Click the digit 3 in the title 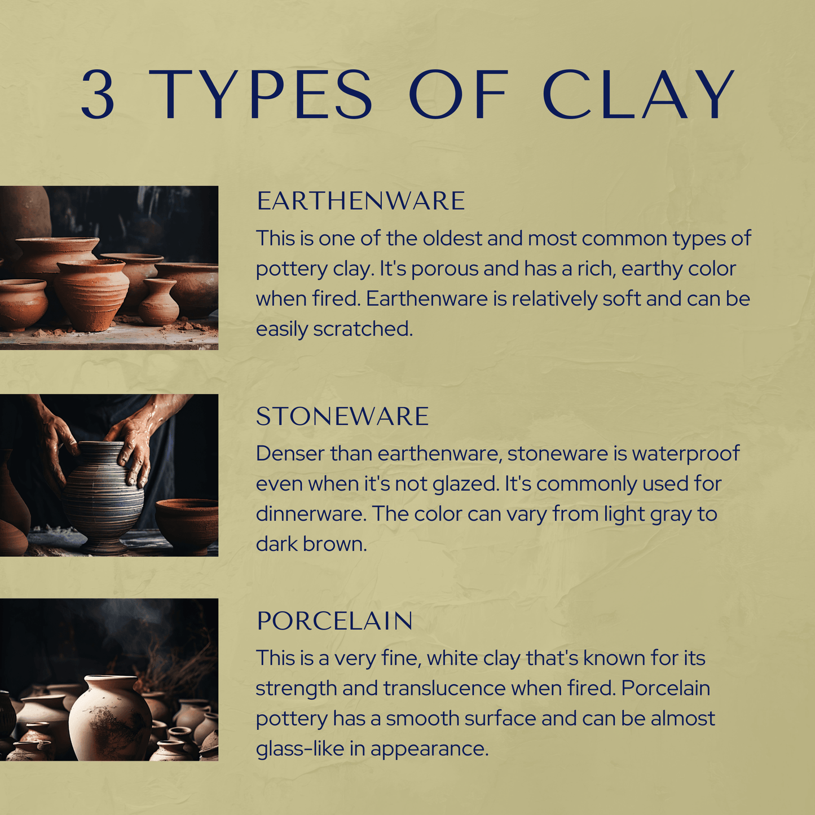pyautogui.click(x=98, y=94)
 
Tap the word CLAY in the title pyautogui.click(x=638, y=94)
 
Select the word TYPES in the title pyautogui.click(x=260, y=94)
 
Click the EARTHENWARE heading pyautogui.click(x=361, y=201)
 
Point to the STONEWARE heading pyautogui.click(x=342, y=416)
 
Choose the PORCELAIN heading pyautogui.click(x=334, y=621)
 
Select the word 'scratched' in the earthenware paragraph pyautogui.click(x=363, y=329)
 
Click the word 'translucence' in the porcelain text pyautogui.click(x=444, y=688)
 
